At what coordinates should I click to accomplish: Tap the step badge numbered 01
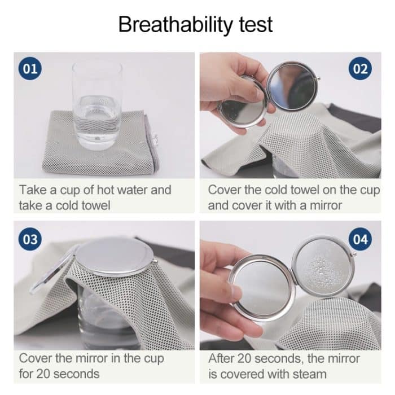click(x=30, y=69)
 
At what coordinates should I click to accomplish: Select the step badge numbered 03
click(x=30, y=239)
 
